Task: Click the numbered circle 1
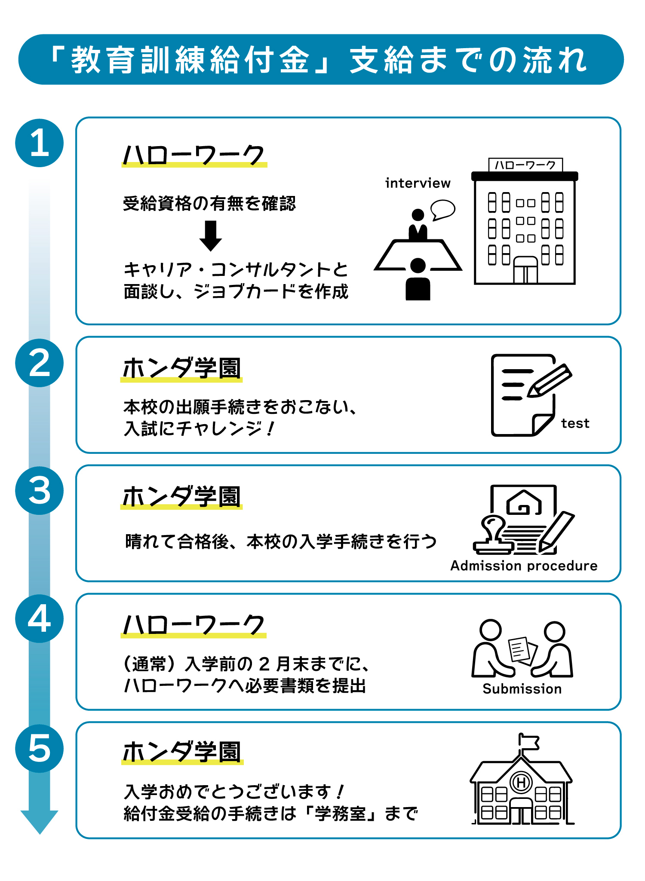[x=40, y=143]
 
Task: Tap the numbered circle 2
[x=40, y=363]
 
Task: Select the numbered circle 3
[x=40, y=491]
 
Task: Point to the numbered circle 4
[x=40, y=619]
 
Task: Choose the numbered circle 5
[x=40, y=749]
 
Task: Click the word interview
[x=418, y=184]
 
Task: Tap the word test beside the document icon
[x=575, y=424]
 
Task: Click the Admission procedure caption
[x=524, y=566]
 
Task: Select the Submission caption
[x=522, y=689]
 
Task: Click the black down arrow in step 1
[x=211, y=236]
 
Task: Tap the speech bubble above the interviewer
[x=442, y=209]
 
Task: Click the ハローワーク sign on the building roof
[x=525, y=165]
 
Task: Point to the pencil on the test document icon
[x=550, y=380]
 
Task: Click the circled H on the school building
[x=521, y=783]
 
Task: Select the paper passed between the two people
[x=521, y=649]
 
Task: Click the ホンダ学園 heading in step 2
[x=181, y=369]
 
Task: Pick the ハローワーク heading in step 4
[x=193, y=625]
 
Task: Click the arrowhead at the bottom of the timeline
[x=40, y=821]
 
